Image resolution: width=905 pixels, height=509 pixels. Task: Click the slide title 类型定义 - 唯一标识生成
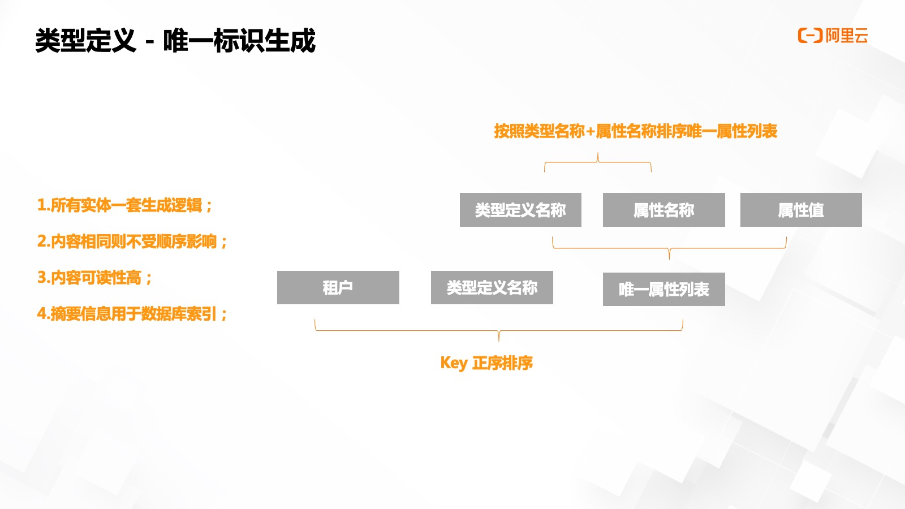pos(175,41)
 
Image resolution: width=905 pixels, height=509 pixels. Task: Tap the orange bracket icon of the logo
pos(809,36)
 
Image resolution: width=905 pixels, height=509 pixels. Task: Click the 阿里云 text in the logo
pos(847,36)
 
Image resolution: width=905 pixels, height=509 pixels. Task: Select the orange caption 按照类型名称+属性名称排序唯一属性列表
pos(635,131)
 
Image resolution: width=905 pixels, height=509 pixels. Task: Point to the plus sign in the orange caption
pos(590,132)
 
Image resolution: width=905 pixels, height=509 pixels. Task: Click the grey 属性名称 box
pos(663,210)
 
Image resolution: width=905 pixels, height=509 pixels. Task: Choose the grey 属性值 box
pos(801,210)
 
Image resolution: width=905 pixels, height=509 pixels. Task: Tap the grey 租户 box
pos(338,287)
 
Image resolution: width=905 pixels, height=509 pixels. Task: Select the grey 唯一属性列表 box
pos(663,289)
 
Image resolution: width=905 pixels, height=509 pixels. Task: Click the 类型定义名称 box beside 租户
pos(492,287)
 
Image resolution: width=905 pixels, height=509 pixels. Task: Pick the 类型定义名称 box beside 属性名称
pos(520,210)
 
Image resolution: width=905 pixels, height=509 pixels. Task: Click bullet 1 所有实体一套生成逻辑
pos(124,205)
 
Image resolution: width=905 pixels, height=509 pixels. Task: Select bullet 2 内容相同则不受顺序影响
pos(132,241)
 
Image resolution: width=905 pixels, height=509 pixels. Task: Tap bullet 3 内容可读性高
pos(94,278)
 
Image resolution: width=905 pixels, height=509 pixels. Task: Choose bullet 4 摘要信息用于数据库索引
pos(132,314)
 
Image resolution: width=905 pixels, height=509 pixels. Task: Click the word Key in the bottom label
pos(454,363)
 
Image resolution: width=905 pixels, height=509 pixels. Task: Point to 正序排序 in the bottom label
pos(502,363)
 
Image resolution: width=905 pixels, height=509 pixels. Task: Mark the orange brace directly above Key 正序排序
pos(498,330)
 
